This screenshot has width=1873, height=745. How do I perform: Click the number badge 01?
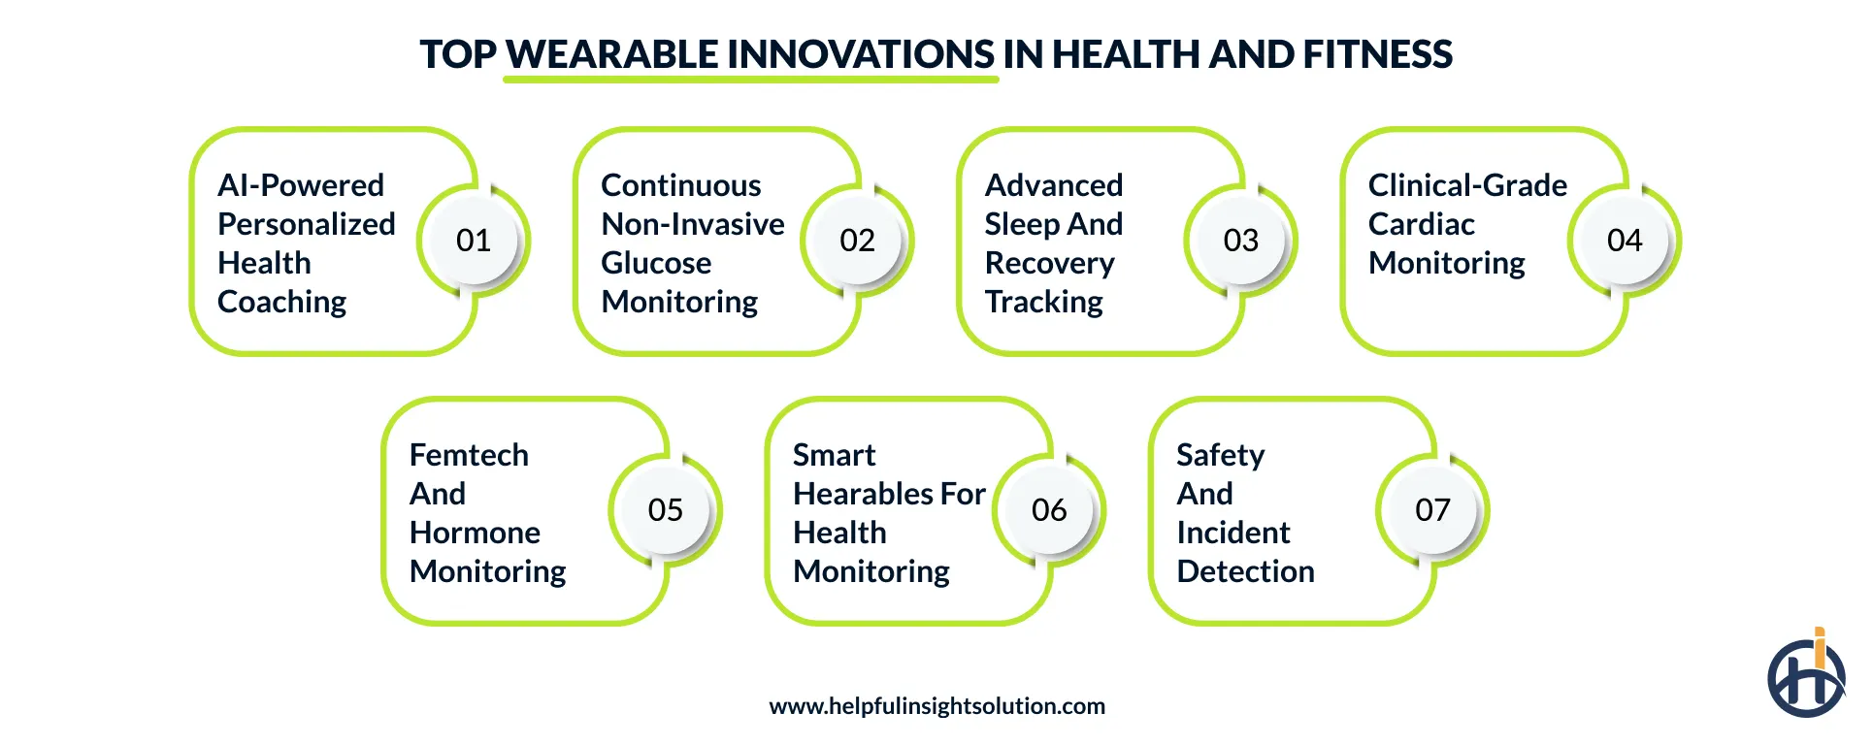click(x=474, y=241)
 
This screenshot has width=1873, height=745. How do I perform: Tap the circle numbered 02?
click(x=857, y=241)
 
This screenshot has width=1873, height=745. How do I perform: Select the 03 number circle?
click(x=1240, y=241)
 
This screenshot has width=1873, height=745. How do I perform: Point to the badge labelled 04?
click(x=1625, y=241)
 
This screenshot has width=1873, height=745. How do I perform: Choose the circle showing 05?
click(x=666, y=510)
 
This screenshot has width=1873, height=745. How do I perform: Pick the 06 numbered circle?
click(x=1049, y=510)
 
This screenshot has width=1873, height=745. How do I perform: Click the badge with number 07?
click(x=1432, y=510)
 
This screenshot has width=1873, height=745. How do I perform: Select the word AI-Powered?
click(x=301, y=185)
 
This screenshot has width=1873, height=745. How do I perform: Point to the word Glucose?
click(x=656, y=263)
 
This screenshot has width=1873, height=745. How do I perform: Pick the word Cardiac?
click(x=1421, y=224)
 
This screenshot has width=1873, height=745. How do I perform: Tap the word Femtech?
click(x=469, y=455)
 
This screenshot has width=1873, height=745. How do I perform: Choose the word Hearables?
click(x=864, y=494)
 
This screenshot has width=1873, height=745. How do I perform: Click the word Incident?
click(x=1232, y=533)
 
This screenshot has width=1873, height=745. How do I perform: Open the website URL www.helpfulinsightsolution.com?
click(x=936, y=706)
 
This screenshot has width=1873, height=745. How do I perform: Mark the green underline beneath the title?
click(x=750, y=80)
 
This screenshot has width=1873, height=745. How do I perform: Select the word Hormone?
click(x=475, y=533)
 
